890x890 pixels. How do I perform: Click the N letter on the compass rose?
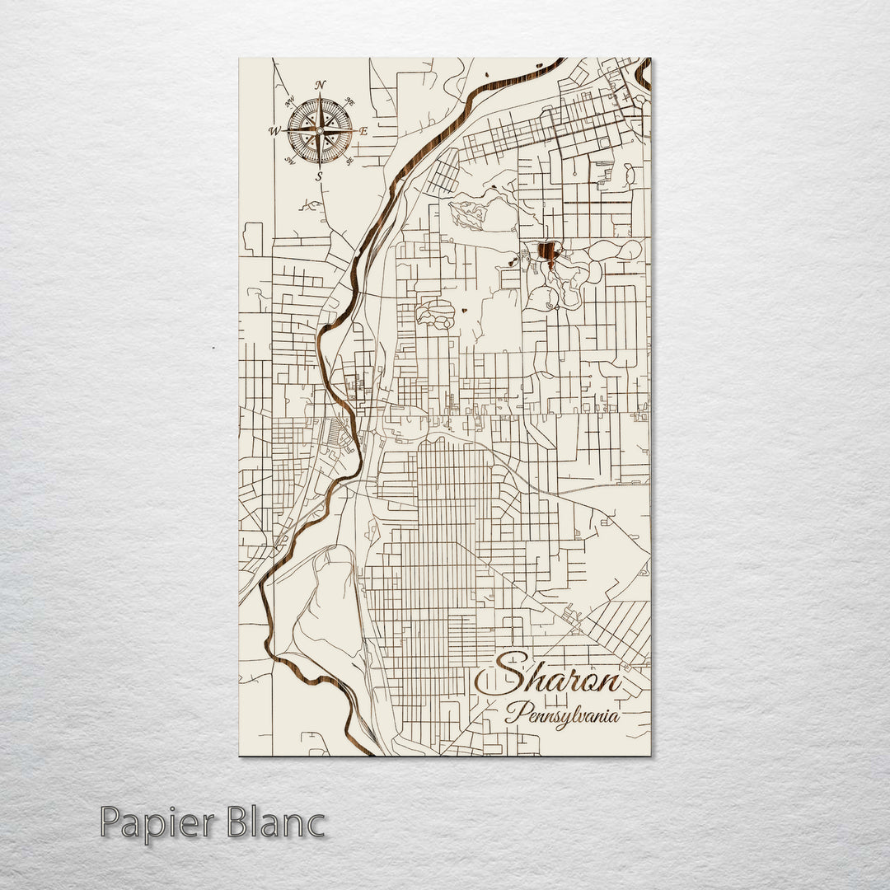(x=320, y=85)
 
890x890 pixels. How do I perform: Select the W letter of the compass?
(x=274, y=130)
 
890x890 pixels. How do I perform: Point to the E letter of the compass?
(x=363, y=130)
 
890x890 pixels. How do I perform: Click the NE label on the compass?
(x=349, y=101)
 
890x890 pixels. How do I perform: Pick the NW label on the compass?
(x=289, y=102)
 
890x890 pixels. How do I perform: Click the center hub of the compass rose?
(x=320, y=130)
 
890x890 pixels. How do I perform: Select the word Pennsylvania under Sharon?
(x=563, y=715)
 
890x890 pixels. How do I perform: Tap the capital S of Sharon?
(x=502, y=677)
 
